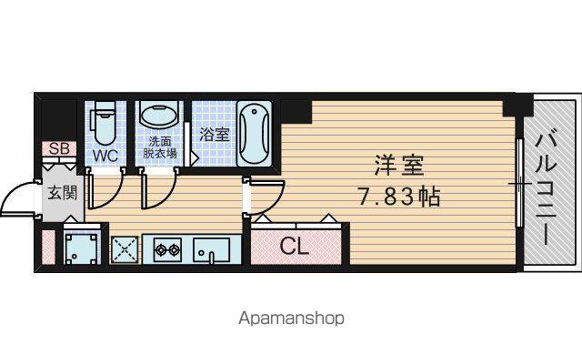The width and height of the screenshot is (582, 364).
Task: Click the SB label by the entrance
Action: [x=59, y=148]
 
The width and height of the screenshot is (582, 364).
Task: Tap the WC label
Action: [x=105, y=156]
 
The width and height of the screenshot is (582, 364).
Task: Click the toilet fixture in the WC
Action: [x=105, y=123]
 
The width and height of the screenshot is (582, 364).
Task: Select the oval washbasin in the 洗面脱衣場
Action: [x=159, y=116]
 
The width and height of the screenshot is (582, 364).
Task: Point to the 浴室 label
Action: [x=215, y=134]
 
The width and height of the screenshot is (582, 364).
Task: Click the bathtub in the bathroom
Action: [x=255, y=134]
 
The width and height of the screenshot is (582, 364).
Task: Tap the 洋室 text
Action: [x=398, y=166]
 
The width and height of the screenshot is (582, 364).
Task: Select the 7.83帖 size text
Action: [x=398, y=197]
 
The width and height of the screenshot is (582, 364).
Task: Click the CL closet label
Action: [x=295, y=246]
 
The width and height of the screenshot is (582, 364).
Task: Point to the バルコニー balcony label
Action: [x=547, y=189]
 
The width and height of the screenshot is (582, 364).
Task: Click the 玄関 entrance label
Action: [x=63, y=193]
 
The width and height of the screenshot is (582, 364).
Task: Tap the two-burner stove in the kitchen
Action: [x=167, y=249]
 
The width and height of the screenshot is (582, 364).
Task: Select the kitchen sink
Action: [x=211, y=250]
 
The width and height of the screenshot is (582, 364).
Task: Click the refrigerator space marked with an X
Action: [x=125, y=249]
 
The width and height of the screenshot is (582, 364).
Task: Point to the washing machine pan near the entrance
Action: [x=81, y=247]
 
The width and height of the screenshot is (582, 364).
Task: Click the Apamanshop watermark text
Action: [x=291, y=318]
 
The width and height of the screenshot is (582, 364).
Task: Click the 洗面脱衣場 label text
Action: [x=160, y=147]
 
